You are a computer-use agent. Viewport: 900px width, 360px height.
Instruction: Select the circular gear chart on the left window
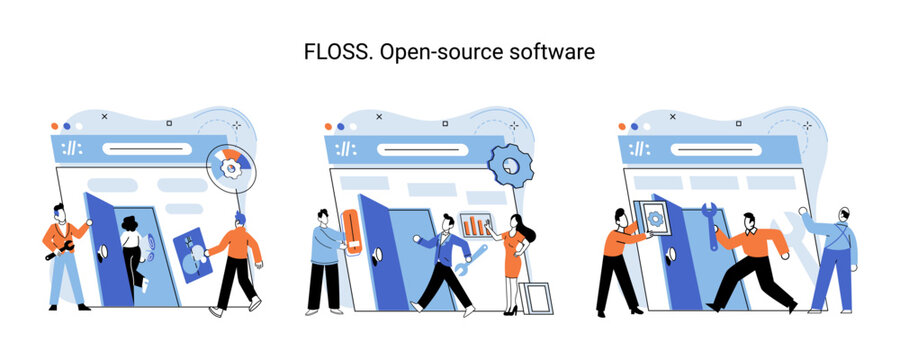tap(232, 169)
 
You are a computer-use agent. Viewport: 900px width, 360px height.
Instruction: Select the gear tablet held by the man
tap(653, 219)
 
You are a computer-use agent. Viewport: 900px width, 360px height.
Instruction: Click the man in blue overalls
tap(835, 257)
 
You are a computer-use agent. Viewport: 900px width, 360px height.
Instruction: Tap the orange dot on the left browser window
tap(55, 128)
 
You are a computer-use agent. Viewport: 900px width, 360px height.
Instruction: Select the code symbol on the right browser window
tap(636, 149)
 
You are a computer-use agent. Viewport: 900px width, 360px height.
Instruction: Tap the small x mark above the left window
tap(104, 116)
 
